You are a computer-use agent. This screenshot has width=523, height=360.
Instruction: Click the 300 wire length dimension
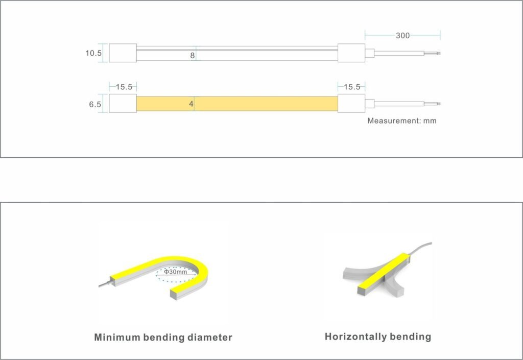coord(402,35)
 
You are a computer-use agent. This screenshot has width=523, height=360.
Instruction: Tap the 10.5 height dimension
coord(93,53)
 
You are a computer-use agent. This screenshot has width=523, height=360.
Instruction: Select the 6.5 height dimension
coord(94,104)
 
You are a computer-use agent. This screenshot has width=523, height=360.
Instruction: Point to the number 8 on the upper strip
coord(193,56)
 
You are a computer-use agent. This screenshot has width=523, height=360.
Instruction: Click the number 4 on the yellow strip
coord(191,104)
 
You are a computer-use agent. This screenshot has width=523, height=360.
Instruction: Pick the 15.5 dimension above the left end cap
coord(124,87)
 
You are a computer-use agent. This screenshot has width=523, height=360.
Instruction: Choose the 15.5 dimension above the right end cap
coord(352,87)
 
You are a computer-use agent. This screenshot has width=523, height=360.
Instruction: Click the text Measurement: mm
coord(402,121)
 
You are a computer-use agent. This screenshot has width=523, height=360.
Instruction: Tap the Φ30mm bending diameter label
coord(176,272)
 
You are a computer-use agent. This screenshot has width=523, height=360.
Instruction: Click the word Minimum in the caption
coord(117,337)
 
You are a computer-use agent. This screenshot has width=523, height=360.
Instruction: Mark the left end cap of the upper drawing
coord(123,53)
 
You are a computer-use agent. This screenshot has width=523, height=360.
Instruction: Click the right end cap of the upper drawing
coord(351,53)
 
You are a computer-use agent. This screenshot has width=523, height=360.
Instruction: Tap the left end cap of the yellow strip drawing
coord(123,104)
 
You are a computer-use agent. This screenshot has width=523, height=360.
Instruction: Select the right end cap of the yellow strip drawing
coord(351,104)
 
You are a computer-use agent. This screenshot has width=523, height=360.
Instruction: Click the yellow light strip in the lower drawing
coord(237,104)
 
